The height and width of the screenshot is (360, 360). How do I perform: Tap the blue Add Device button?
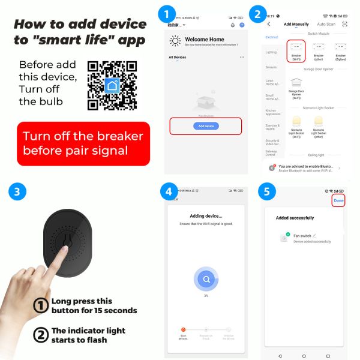pos(206,126)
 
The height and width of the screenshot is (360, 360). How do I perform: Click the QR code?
pos(112,85)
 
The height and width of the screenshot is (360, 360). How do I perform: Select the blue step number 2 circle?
pos(258,13)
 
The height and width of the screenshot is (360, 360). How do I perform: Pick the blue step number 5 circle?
pos(267,192)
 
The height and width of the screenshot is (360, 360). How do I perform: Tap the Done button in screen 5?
pos(339,200)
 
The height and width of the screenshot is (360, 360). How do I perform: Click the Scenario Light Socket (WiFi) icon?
pos(296,125)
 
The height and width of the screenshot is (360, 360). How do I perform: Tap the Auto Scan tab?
pos(326,24)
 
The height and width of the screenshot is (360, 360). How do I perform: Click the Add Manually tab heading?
pos(296,24)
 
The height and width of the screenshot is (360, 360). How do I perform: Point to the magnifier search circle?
pos(206,279)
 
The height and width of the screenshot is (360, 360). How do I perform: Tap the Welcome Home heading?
pos(205,39)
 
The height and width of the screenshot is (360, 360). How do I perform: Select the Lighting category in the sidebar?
pos(271,52)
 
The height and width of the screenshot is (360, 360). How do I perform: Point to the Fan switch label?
pos(302,236)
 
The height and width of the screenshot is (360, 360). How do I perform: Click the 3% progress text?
pos(206,296)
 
